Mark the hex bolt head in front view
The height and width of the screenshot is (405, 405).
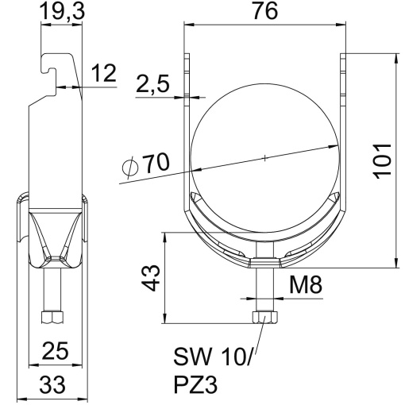264,318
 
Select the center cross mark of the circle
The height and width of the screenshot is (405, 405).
264,159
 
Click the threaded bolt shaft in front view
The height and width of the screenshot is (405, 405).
264,290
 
